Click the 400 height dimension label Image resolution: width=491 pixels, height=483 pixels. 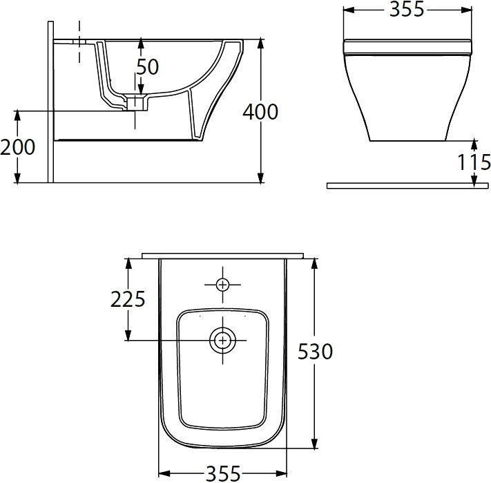[x=260, y=112]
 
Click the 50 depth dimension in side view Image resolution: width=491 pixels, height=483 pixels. [x=148, y=67]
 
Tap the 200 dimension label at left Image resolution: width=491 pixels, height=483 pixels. [x=17, y=147]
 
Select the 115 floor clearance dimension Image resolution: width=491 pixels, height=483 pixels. [x=474, y=162]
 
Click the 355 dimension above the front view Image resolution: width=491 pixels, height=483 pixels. [x=407, y=9]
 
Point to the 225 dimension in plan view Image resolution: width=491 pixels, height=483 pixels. [x=128, y=299]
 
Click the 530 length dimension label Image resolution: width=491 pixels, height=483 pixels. [x=315, y=351]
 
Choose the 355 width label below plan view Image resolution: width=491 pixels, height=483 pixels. [x=223, y=473]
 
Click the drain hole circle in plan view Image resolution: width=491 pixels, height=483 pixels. [x=222, y=340]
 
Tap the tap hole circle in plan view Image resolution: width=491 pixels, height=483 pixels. [x=222, y=285]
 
